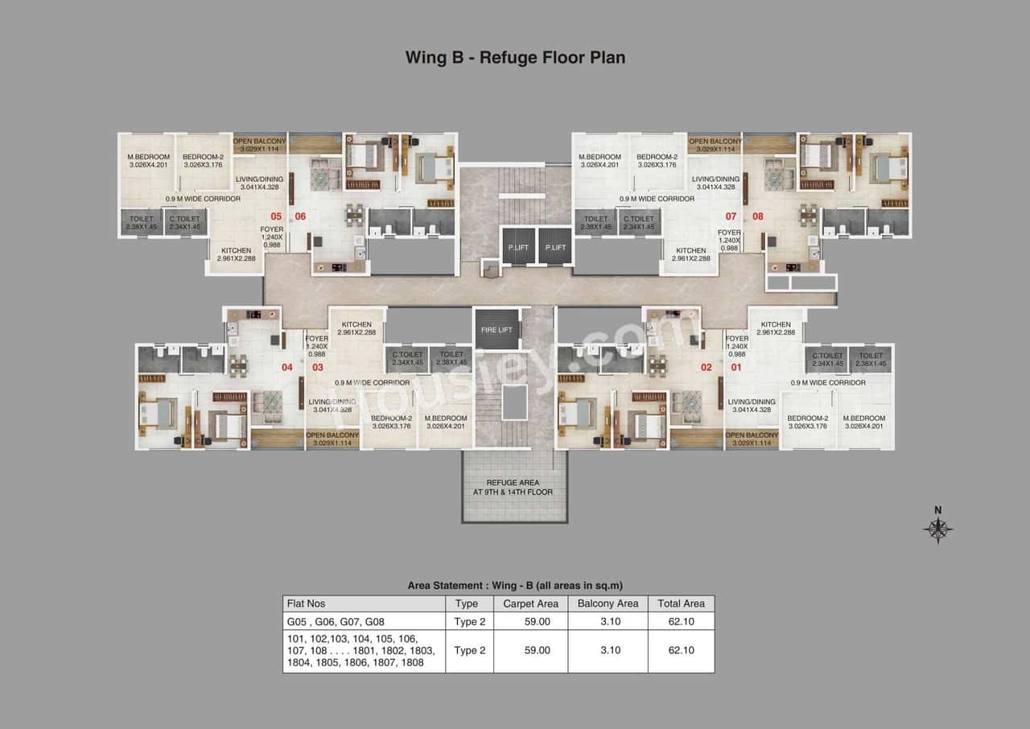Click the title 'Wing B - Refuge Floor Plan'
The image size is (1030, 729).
[x=515, y=57]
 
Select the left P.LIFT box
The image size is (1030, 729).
[x=517, y=247]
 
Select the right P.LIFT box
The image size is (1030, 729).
[x=554, y=247]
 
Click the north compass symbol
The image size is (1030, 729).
[x=937, y=528]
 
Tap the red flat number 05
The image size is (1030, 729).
[x=276, y=216]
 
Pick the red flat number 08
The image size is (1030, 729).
[x=757, y=216]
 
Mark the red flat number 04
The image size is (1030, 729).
[x=286, y=368]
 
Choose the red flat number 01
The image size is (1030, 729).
[x=735, y=368]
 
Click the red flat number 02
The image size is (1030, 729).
[x=707, y=368]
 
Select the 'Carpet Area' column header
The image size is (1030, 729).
[x=530, y=603]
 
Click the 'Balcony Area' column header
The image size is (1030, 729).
[x=608, y=603]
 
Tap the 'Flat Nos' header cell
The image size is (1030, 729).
[x=307, y=603]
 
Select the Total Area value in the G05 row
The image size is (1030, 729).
[x=681, y=621]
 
